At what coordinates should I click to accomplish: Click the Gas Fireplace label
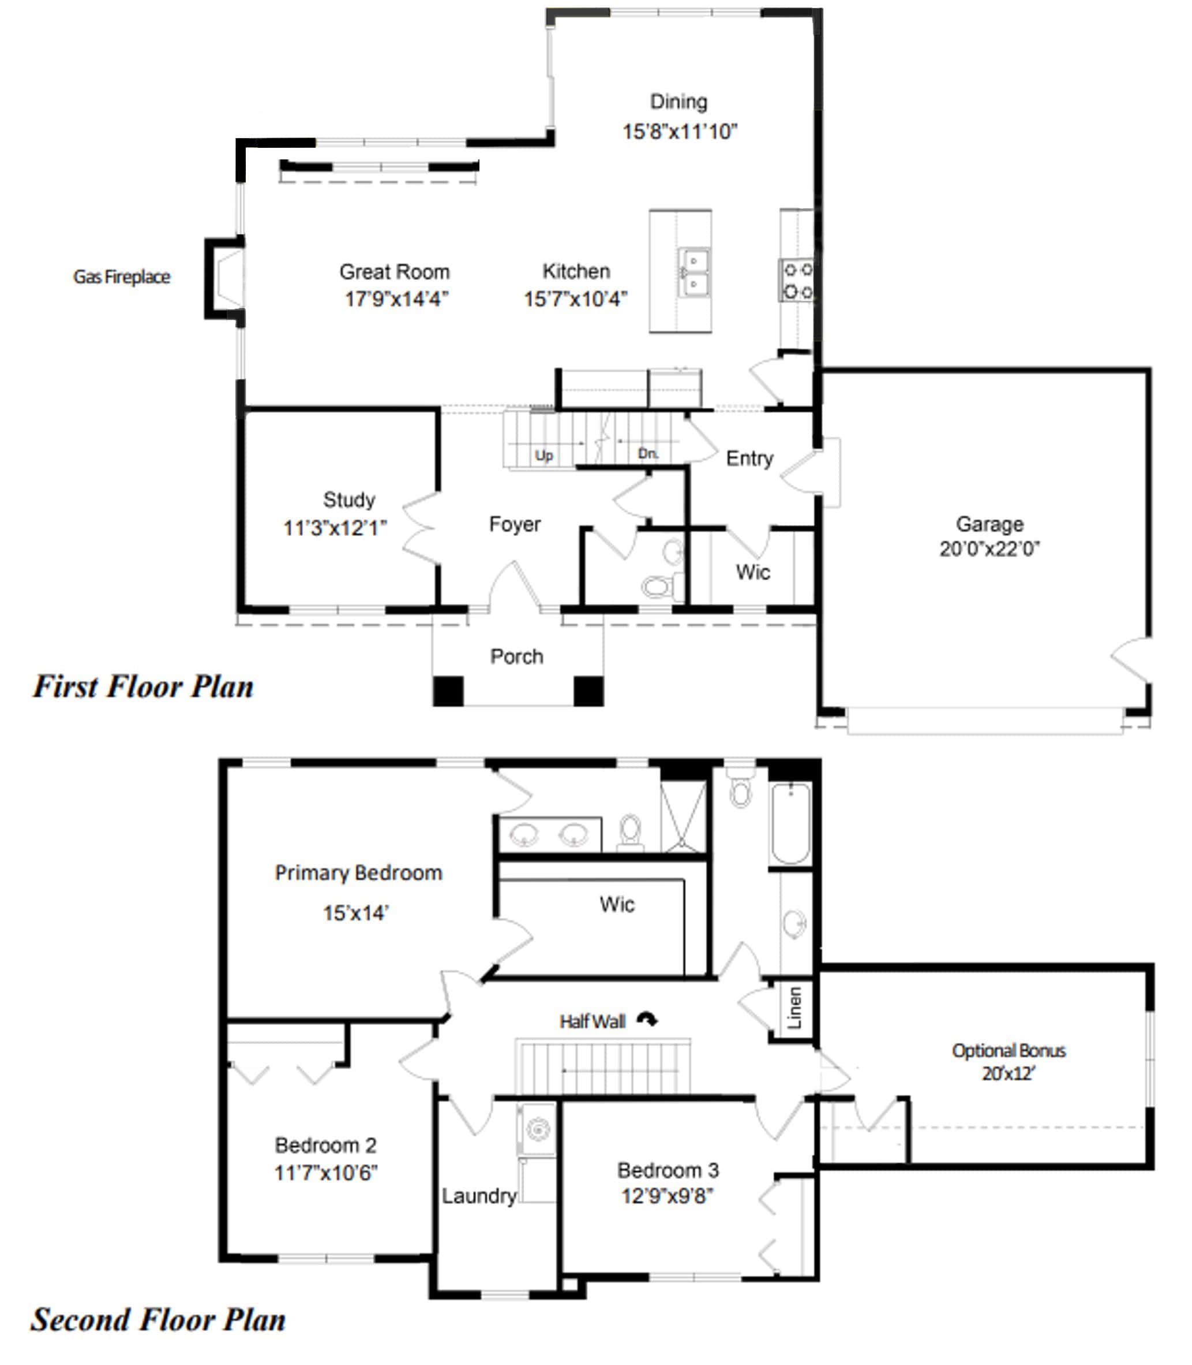(x=122, y=277)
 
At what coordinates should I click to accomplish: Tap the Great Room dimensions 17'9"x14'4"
(x=396, y=299)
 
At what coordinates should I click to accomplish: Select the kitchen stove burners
(x=797, y=280)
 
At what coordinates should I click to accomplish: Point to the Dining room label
(x=679, y=101)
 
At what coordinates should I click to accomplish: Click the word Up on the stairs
(x=544, y=455)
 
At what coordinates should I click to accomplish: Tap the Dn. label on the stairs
(x=648, y=453)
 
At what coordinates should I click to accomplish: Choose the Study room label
(x=349, y=499)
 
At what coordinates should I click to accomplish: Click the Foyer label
(x=515, y=524)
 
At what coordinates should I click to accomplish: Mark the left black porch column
(x=448, y=691)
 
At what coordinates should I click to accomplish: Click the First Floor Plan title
(x=143, y=686)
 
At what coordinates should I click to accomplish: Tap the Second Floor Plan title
(x=158, y=1320)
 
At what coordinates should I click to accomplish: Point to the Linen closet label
(x=794, y=1008)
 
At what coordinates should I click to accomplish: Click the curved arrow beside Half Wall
(x=647, y=1019)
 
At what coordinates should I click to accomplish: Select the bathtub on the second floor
(x=790, y=823)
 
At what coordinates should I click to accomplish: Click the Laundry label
(x=479, y=1196)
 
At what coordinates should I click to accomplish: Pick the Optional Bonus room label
(x=1009, y=1050)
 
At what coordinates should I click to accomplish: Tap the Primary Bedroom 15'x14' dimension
(x=356, y=912)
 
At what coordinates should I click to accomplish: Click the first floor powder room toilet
(x=658, y=586)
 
